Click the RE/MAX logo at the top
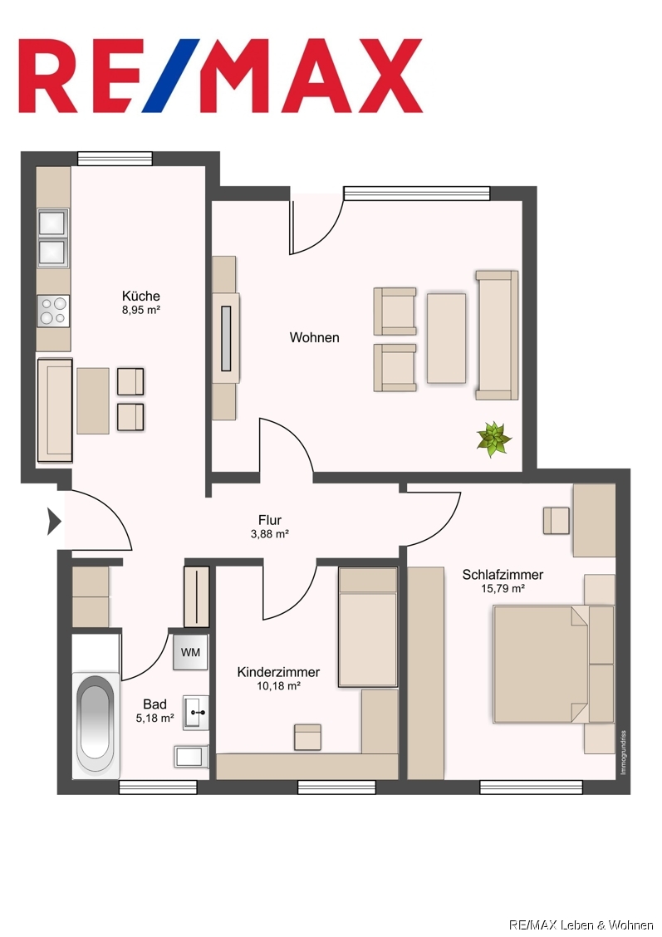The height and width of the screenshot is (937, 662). [220, 76]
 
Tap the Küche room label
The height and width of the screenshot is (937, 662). [141, 296]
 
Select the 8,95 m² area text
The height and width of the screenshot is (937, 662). [141, 310]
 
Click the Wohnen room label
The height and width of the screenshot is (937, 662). [314, 337]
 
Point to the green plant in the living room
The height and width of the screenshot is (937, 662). [493, 439]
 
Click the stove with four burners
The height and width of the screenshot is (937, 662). [53, 311]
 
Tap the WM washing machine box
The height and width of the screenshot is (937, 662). [190, 652]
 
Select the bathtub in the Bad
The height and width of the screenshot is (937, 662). [96, 725]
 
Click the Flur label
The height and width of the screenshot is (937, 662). [270, 520]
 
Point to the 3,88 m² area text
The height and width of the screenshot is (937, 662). [270, 534]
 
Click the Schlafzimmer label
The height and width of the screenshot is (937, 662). [503, 575]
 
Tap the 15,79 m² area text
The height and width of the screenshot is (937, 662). [503, 589]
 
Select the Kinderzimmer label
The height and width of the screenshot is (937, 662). [278, 672]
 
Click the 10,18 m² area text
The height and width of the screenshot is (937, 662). [278, 687]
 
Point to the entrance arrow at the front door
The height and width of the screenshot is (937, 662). [54, 522]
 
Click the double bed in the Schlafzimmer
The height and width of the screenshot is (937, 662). [553, 665]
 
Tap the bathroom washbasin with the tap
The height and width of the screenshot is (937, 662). [196, 713]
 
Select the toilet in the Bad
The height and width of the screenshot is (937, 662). [191, 757]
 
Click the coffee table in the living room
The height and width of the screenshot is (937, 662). [446, 337]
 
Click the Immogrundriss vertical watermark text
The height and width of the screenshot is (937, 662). [623, 753]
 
